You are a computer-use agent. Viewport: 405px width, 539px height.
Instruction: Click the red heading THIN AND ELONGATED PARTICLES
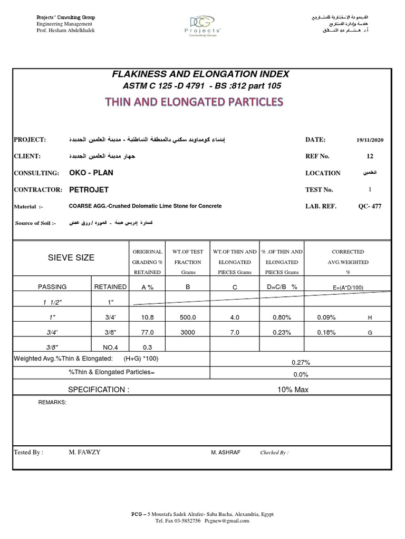click(202, 102)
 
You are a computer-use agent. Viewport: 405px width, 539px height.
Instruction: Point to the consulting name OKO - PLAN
click(91, 173)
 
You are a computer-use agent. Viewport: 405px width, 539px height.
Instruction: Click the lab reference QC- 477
click(369, 206)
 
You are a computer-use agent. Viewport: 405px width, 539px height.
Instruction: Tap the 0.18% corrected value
click(326, 333)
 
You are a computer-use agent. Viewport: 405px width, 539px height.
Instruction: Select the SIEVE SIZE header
click(71, 257)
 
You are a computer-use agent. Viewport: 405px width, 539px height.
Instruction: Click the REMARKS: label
click(52, 402)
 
